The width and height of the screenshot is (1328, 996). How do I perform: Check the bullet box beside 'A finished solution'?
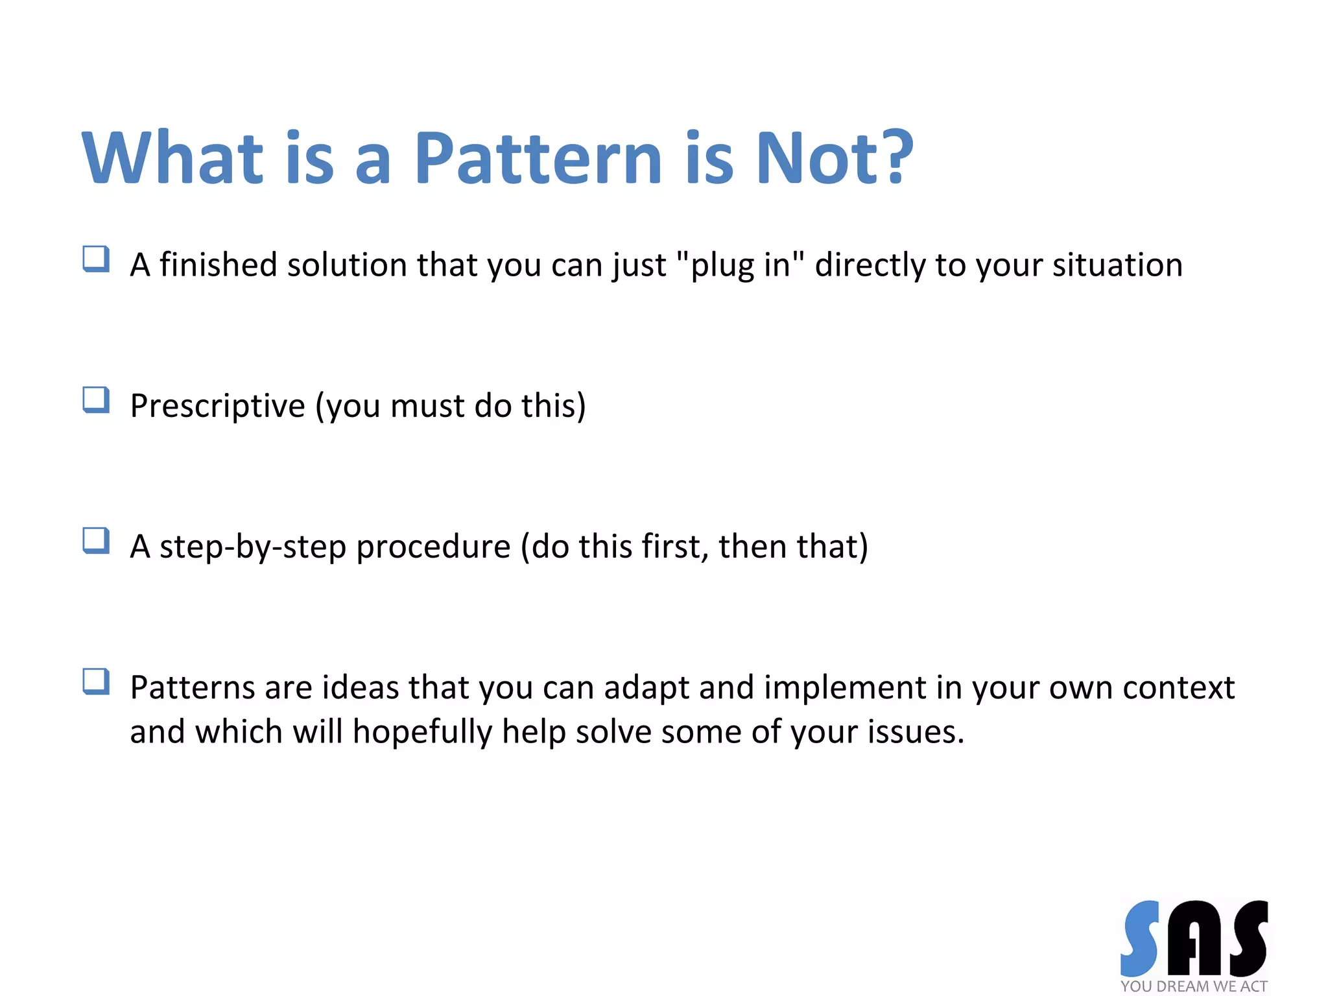coord(96,259)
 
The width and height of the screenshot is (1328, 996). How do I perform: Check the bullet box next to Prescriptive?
coord(96,399)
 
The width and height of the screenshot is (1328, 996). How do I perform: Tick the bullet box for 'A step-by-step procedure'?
coord(96,540)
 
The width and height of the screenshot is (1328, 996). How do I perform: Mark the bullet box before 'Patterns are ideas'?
coord(96,682)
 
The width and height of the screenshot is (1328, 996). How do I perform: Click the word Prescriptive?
coord(217,406)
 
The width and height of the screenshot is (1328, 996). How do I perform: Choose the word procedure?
coord(433,547)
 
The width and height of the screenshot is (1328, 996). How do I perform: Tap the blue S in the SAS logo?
coord(1140,938)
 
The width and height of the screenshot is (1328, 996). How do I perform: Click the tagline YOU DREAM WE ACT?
coord(1194,986)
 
